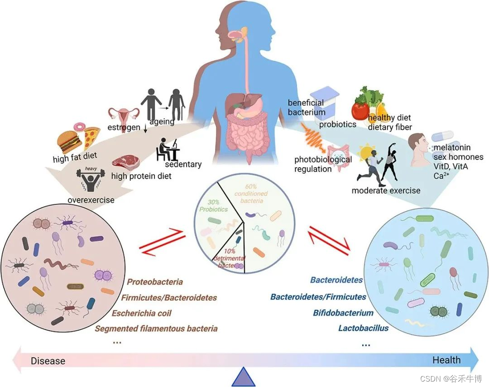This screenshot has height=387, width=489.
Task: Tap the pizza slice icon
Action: click(92, 138)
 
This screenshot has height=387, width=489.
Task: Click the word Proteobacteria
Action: click(155, 282)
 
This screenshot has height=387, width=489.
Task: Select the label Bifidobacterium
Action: click(343, 313)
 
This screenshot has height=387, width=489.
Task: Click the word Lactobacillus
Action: click(363, 328)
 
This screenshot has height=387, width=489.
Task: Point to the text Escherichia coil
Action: click(142, 313)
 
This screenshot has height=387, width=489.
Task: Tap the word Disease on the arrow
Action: click(48, 361)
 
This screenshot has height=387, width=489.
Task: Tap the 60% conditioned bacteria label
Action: click(251, 194)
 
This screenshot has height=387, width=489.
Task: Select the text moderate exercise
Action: click(386, 190)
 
